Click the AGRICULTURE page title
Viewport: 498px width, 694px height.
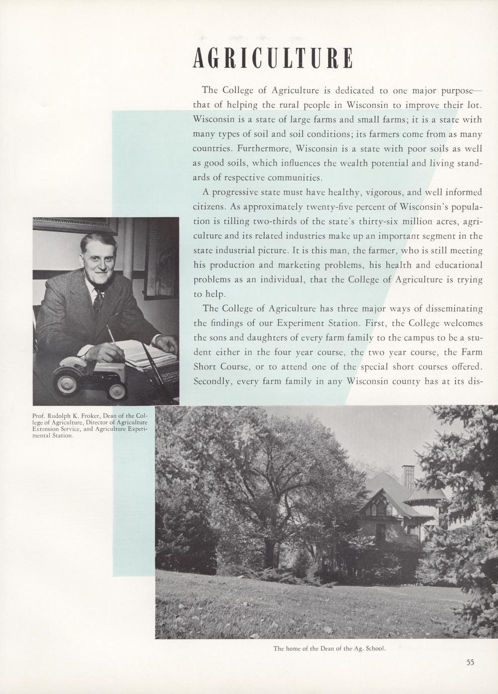272,59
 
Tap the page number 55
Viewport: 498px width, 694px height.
470,662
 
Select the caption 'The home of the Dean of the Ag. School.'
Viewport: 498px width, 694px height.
329,648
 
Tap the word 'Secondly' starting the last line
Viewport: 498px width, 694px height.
212,381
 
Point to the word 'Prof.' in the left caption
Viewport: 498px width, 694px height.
38,416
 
